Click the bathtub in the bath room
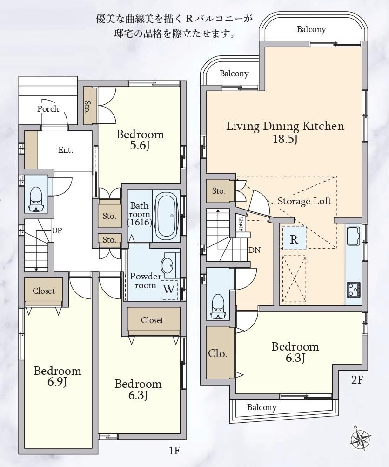pos(167,215)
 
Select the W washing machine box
pos(169,290)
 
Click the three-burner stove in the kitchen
pos(354,289)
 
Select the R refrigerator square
pos(294,238)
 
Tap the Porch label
pos(48,109)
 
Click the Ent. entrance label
pos(66,149)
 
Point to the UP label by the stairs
pos(57,230)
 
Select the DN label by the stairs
pos(255,250)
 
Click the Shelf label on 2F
pos(241,223)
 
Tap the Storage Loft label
pos(304,201)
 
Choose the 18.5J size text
pos(285,139)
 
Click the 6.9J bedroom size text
pos(57,381)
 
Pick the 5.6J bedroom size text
pos(139,146)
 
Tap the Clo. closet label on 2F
pos(218,353)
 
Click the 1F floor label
pos(174,451)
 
